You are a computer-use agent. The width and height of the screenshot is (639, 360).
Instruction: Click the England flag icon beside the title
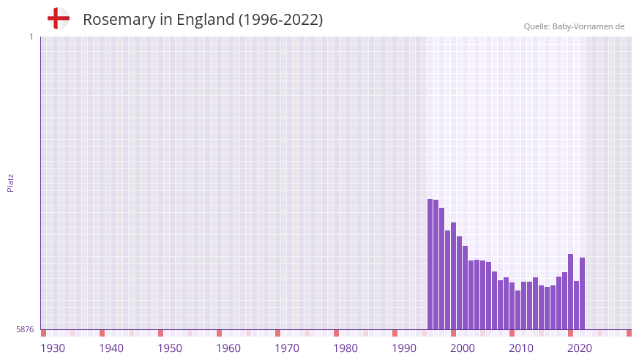point(59,18)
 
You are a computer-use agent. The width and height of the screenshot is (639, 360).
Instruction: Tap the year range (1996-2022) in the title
point(280,20)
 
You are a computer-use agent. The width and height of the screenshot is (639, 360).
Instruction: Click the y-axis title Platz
point(10,183)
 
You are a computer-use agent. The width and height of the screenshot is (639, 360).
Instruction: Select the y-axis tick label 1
point(31,37)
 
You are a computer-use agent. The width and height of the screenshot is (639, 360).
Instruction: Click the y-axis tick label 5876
point(25,330)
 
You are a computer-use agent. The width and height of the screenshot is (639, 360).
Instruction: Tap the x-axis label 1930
point(53,348)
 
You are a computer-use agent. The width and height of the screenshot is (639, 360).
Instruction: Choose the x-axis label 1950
point(170,348)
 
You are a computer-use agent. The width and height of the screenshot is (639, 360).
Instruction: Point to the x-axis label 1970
point(287,348)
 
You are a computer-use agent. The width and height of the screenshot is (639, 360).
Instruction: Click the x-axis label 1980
point(345,348)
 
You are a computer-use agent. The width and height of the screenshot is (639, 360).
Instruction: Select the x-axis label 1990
point(404,348)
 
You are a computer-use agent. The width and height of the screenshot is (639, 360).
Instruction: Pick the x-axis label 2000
point(463,348)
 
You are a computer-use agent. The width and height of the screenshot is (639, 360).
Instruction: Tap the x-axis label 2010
point(521,348)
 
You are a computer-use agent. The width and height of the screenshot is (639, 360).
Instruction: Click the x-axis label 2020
point(580,348)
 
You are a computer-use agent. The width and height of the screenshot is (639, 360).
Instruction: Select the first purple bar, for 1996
point(430,263)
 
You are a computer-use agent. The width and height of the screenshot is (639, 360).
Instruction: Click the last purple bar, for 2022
point(582,293)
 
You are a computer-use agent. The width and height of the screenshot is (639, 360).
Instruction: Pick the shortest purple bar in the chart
point(517,310)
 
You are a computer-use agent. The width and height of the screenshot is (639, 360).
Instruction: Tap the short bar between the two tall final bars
point(576,304)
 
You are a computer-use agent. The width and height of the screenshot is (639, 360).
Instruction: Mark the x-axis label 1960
point(228,348)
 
